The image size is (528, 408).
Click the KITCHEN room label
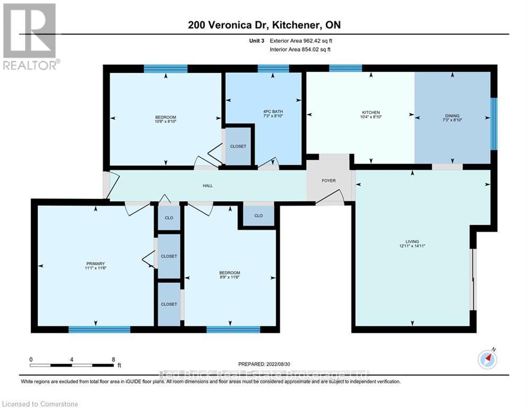(x=370, y=113)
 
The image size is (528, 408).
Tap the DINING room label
(x=452, y=116)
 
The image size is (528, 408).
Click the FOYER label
(x=328, y=181)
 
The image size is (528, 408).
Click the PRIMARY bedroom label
(x=96, y=263)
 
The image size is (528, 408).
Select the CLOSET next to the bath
(x=238, y=146)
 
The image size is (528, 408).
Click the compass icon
(x=487, y=360)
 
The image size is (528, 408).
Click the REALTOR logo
(x=31, y=36)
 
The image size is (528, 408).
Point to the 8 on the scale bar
(x=113, y=359)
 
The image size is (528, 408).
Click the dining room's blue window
(x=493, y=124)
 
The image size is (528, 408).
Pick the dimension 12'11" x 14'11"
(x=412, y=245)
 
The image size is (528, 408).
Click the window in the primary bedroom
(x=99, y=329)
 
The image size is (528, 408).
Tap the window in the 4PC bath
(x=273, y=69)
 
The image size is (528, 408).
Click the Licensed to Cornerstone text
(x=40, y=404)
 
